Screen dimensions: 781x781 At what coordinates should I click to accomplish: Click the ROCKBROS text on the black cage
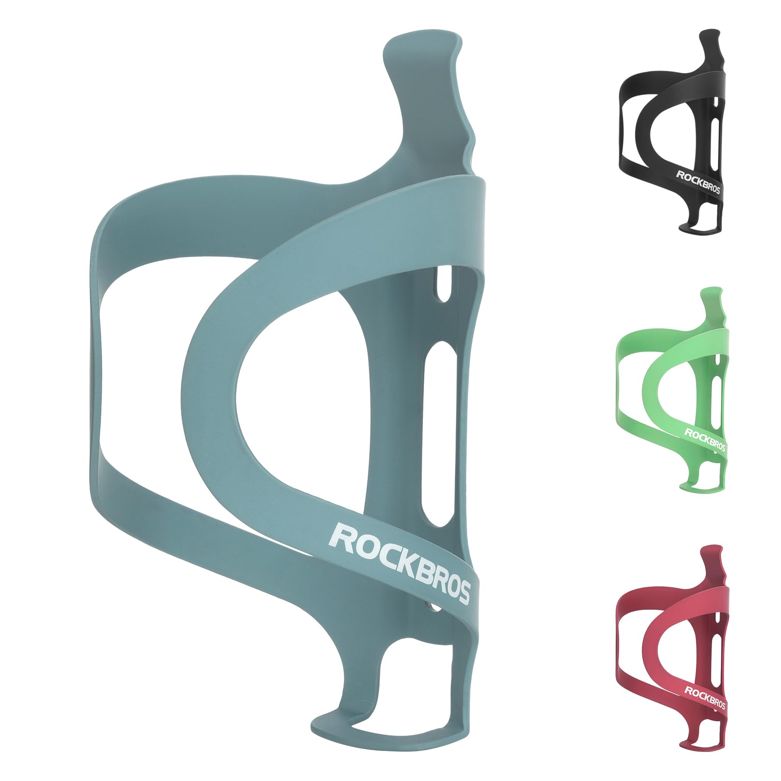click(x=698, y=183)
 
